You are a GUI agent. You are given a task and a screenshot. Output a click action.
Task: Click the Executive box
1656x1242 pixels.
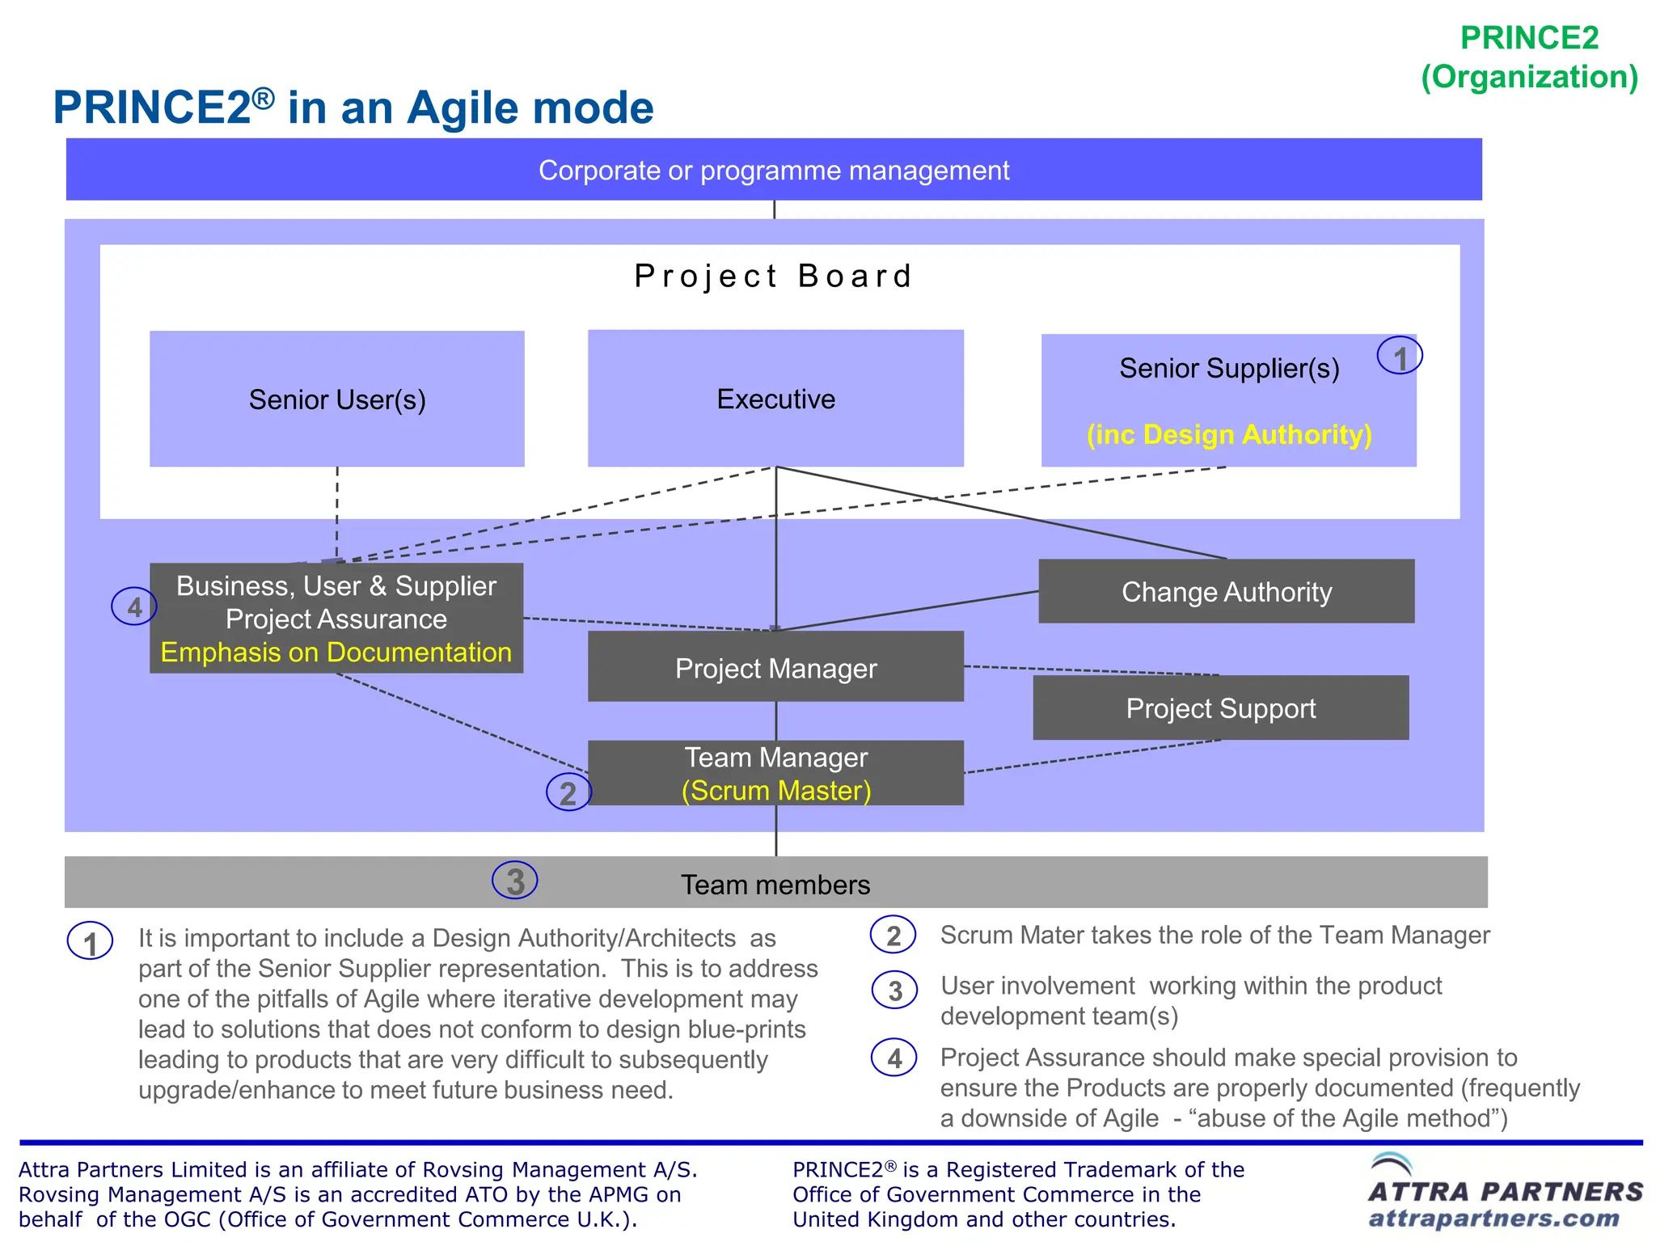pos(775,399)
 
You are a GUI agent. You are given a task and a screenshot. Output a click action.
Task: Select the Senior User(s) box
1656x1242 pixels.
pos(336,399)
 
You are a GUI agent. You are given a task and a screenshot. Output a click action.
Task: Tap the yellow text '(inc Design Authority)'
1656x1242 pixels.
pos(1228,435)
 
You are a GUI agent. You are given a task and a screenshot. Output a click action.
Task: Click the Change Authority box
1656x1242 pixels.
pos(1226,592)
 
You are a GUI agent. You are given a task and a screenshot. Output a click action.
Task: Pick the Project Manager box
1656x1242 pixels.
pos(775,668)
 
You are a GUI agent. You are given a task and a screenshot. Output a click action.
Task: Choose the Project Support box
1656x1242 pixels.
pos(1220,708)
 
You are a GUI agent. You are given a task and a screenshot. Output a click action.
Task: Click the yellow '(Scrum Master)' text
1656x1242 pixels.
pos(775,791)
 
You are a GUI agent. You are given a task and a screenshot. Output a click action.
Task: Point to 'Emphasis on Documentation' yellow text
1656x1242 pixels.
pos(336,653)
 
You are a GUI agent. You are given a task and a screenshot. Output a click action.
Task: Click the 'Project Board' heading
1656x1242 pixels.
pos(773,277)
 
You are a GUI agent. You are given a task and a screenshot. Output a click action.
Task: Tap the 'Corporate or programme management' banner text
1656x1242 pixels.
pos(773,171)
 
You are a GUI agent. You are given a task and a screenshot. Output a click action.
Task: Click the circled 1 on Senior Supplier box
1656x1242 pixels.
pos(1400,357)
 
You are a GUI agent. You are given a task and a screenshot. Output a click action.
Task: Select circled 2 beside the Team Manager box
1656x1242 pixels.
pos(568,792)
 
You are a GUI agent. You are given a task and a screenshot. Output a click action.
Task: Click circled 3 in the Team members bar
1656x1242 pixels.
pos(515,881)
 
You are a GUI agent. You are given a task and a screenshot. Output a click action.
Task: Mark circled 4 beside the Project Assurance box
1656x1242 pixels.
pos(134,606)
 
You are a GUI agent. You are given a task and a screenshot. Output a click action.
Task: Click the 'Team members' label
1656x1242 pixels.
pos(775,885)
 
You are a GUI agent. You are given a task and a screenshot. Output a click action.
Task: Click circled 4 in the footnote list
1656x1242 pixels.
pos(893,1058)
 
